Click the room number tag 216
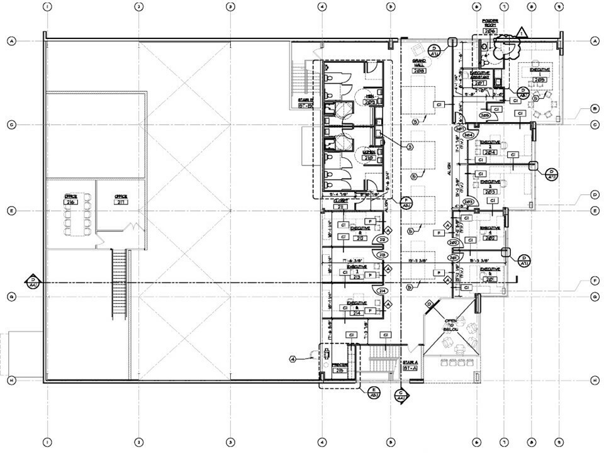pos(70,203)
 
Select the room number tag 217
pos(121,203)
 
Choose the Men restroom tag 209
pos(369,102)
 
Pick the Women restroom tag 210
pos(369,158)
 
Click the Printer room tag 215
pos(340,370)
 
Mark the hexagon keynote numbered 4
pos(293,359)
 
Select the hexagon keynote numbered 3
pos(410,147)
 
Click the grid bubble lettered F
pos(594,280)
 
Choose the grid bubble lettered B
pos(594,109)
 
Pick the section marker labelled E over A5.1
pos(372,393)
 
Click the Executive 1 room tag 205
pos(539,80)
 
